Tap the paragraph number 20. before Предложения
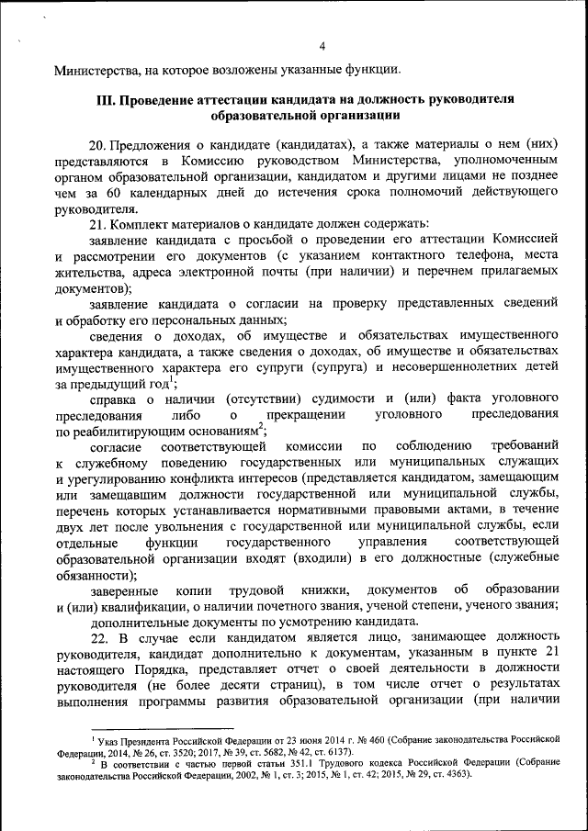(98, 144)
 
